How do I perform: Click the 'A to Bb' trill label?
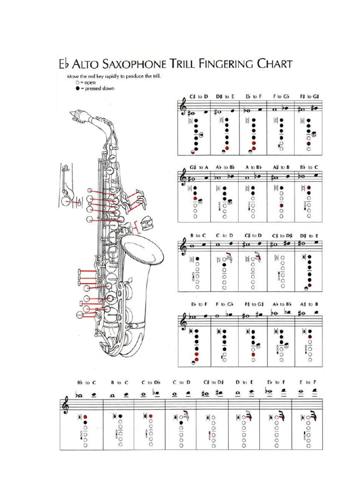[x=253, y=166]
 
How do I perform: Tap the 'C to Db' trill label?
[x=150, y=382]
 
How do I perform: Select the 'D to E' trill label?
[x=244, y=382]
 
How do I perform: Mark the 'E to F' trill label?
[x=308, y=382]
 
